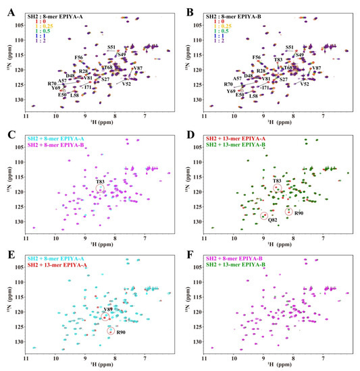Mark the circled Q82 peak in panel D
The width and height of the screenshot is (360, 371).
(x=264, y=216)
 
